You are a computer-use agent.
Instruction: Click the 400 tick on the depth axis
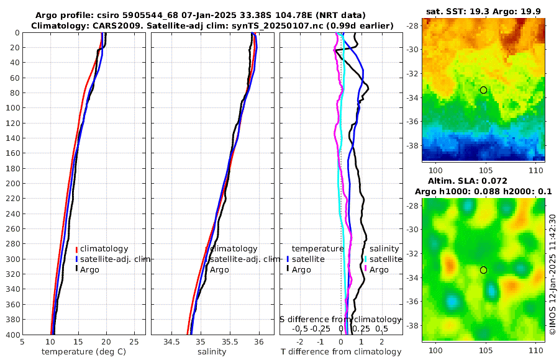12,335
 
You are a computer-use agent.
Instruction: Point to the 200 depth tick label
12,183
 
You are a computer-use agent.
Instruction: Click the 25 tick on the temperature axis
134,341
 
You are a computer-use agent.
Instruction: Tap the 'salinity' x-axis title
212,351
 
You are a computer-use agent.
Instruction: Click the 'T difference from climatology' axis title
341,351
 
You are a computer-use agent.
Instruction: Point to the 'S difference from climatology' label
340,318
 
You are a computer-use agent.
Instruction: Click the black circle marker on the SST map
483,90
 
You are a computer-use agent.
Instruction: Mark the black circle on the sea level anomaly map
483,270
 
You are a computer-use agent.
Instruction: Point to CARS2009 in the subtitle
107,25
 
